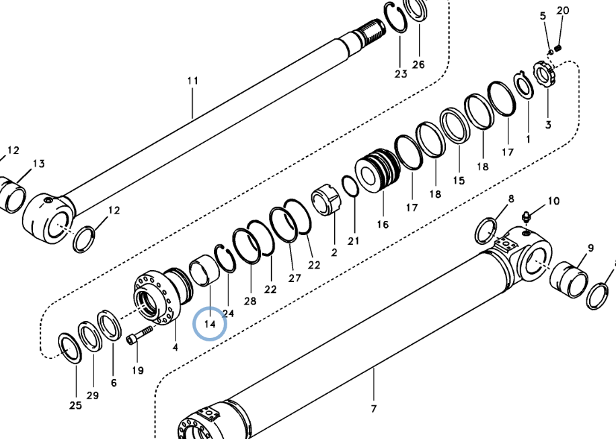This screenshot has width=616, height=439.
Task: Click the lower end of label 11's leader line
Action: tap(192, 118)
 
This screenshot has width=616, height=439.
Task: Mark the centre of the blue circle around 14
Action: tap(210, 324)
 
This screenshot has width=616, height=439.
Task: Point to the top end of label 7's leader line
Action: tap(374, 368)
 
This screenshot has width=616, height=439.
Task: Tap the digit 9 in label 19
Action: tap(141, 370)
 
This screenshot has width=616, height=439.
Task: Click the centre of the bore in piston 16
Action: tap(369, 176)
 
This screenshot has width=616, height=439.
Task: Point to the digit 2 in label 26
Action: tap(415, 64)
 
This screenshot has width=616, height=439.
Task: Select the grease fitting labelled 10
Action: tap(526, 216)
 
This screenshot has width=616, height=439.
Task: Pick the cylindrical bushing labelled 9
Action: tap(569, 279)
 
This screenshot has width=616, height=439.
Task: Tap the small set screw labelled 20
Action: tap(558, 48)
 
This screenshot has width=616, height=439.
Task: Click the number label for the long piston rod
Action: tap(192, 81)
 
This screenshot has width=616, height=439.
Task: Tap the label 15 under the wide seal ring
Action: tap(459, 180)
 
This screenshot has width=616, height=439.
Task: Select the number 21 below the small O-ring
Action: tap(353, 241)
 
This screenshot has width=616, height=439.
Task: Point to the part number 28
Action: tap(250, 302)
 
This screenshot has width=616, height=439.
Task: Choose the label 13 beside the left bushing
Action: tap(38, 164)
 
